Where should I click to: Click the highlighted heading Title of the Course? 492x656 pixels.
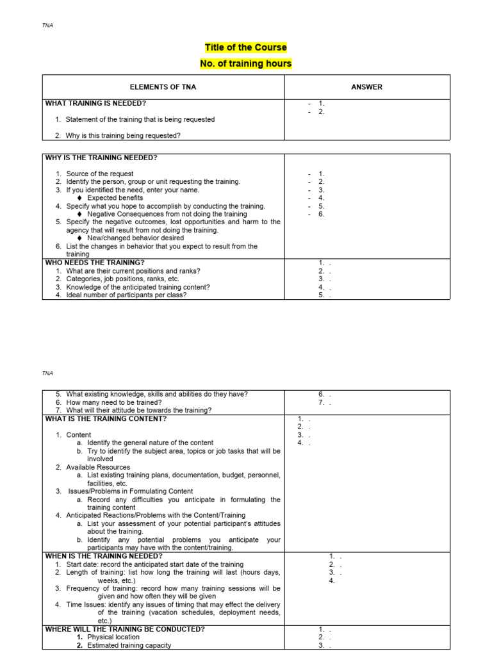coord(245,47)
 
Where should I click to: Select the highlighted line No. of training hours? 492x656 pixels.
coord(245,63)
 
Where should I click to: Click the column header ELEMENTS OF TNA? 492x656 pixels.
coord(163,87)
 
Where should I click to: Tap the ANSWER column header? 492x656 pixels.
coord(366,87)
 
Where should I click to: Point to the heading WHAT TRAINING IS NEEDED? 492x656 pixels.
coord(99,103)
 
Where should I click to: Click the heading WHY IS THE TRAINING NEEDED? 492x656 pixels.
coord(101,158)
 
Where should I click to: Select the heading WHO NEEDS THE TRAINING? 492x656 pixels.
coord(94,262)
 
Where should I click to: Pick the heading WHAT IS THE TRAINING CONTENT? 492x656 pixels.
coord(106,418)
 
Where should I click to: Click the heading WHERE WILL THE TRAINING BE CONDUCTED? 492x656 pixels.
coord(125,629)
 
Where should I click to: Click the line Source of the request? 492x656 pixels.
coord(99,174)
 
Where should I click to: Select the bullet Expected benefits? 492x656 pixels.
coord(115,198)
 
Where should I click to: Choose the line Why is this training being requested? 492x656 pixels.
coord(123,135)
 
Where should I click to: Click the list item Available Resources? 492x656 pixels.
coord(98,467)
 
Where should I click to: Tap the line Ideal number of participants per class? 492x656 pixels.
coord(126,295)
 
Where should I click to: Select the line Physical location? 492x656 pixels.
coord(113,637)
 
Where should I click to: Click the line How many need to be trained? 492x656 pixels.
coord(114,402)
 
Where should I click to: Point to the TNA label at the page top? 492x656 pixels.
coord(47,26)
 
